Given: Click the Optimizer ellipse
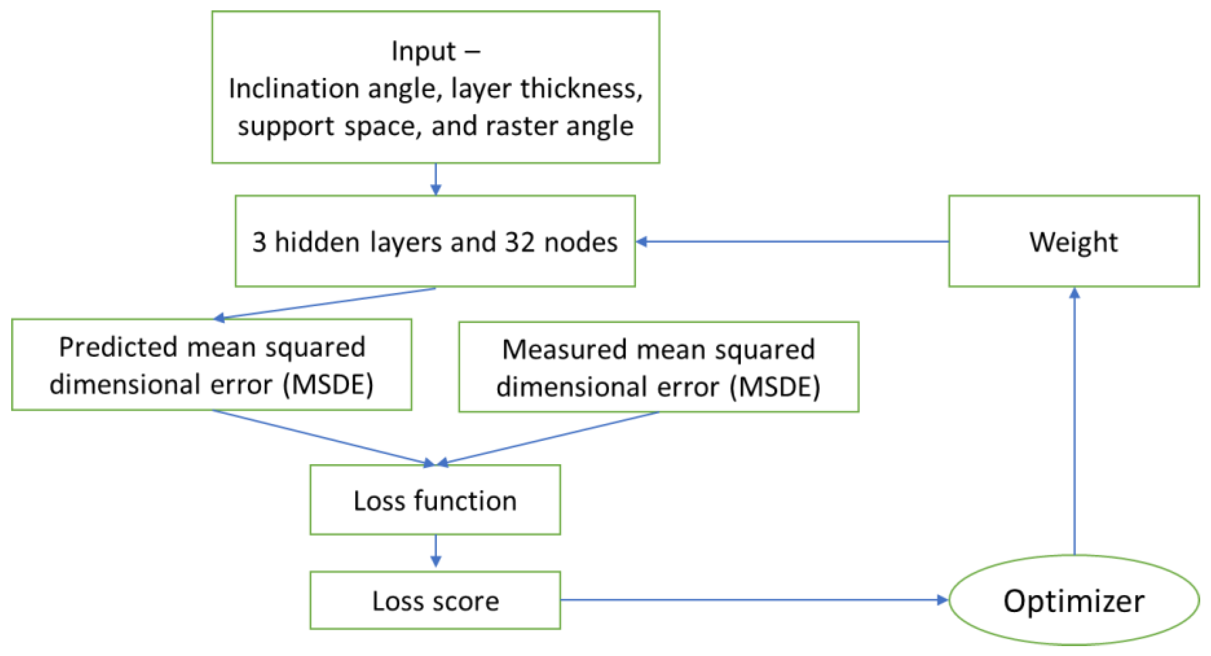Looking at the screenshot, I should coord(1074,600).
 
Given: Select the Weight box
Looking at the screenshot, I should coord(1074,241).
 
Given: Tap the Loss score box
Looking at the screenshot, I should coord(435,600).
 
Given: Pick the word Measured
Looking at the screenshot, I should coord(564,350).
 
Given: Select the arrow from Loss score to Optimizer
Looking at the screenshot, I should coord(752,600).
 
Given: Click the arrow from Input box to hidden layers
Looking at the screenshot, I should coord(435,179).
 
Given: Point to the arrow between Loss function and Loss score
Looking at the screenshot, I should coord(435,550).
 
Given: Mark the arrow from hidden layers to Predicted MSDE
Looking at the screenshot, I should coord(324,303).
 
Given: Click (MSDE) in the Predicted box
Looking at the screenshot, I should coord(328,385).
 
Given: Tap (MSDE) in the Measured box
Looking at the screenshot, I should coord(775,387).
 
